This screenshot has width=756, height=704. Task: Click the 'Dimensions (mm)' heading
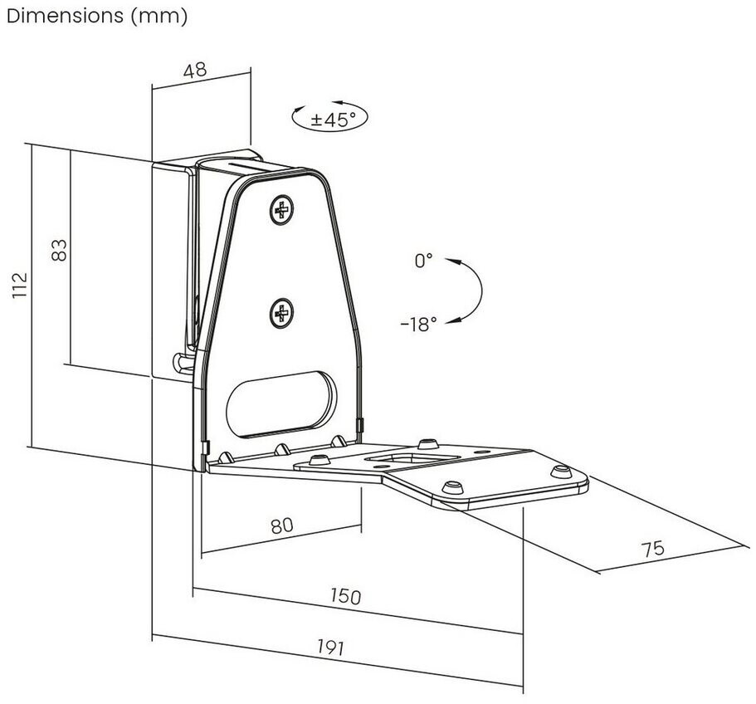96,16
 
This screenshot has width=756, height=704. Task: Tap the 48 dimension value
195,71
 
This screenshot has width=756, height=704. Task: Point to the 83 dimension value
59,250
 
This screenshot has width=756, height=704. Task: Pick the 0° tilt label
423,262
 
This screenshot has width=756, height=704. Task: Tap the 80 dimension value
282,525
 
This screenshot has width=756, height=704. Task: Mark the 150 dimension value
345,596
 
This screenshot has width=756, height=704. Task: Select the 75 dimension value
654,549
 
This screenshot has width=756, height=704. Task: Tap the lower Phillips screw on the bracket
282,312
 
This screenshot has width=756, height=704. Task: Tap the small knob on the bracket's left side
181,361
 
